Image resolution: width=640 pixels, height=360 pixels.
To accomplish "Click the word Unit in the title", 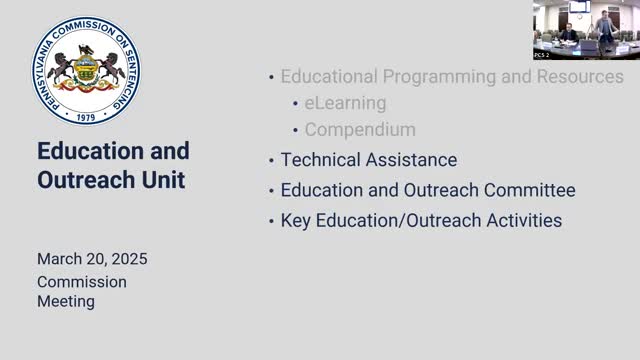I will [x=163, y=181].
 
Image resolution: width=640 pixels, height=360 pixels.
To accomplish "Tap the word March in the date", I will [x=60, y=259].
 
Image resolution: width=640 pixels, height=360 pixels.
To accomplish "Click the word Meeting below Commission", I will [x=66, y=300].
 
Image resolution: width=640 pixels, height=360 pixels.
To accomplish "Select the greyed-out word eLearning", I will [x=345, y=103].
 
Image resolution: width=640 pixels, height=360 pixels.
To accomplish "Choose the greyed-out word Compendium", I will [x=360, y=130].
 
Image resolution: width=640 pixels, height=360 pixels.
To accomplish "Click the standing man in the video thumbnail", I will [x=605, y=24].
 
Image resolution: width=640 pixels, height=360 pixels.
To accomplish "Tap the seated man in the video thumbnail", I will [x=567, y=33].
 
